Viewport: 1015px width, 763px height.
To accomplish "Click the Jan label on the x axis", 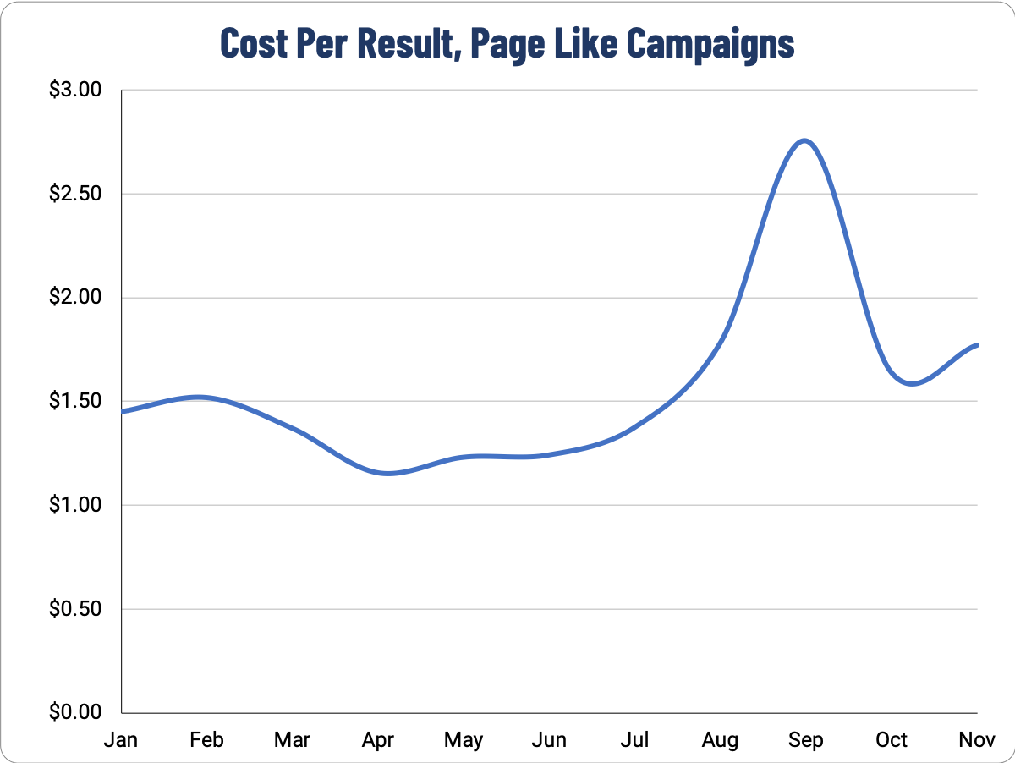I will (121, 740).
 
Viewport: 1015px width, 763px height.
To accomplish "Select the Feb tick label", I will (206, 740).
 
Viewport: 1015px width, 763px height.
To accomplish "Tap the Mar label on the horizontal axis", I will (292, 740).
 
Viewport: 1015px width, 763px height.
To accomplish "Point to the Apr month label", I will (378, 741).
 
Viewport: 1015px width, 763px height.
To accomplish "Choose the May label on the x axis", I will (464, 741).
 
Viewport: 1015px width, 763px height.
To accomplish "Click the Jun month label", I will (549, 740).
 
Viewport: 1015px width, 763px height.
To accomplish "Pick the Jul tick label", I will (634, 740).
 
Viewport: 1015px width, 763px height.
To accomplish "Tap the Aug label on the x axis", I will (720, 741).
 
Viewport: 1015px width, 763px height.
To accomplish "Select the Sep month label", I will (805, 741).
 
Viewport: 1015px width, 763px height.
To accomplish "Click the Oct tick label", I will (892, 740).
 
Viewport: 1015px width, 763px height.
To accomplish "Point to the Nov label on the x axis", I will (977, 740).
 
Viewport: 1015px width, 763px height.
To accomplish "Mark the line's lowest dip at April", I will (387, 474).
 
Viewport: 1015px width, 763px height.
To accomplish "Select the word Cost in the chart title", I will (251, 42).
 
